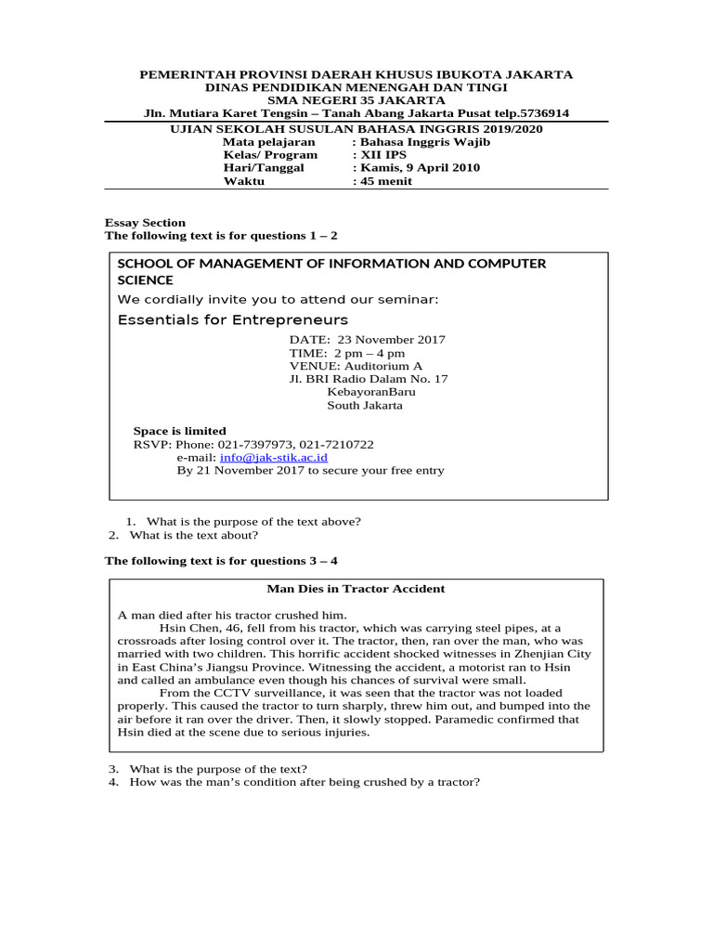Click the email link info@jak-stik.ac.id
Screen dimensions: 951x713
273,458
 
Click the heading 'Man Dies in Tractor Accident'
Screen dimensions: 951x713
356,589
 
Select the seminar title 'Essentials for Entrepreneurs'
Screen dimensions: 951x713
219,319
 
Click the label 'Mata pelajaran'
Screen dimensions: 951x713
268,142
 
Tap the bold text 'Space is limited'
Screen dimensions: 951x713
180,431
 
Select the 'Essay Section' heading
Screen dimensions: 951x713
145,223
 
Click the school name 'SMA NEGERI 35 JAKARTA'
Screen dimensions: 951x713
356,100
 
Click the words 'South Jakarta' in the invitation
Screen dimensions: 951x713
365,405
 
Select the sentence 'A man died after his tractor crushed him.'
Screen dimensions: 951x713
231,615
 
